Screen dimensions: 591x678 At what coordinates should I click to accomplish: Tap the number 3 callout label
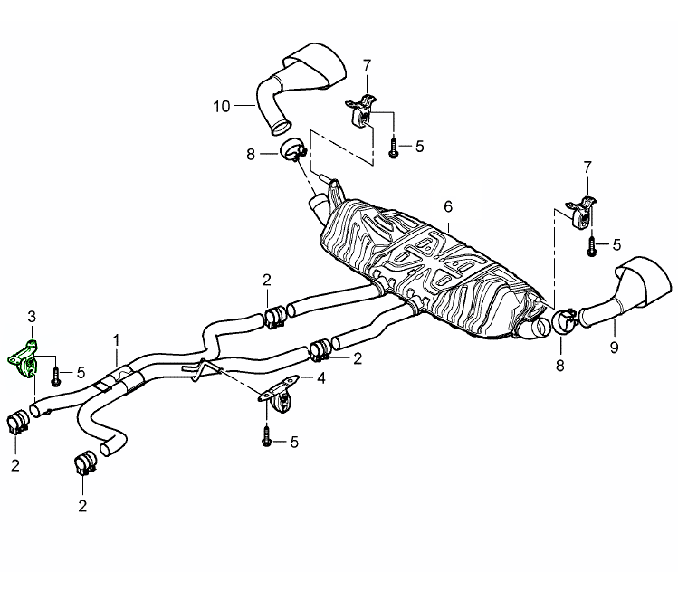click(x=31, y=316)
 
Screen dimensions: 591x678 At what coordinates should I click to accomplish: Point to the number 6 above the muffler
click(x=447, y=206)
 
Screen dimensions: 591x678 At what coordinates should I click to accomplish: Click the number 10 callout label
click(x=222, y=107)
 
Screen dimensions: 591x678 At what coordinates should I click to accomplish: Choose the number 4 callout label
click(x=320, y=377)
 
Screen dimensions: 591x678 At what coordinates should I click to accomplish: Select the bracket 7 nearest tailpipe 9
click(x=580, y=213)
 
